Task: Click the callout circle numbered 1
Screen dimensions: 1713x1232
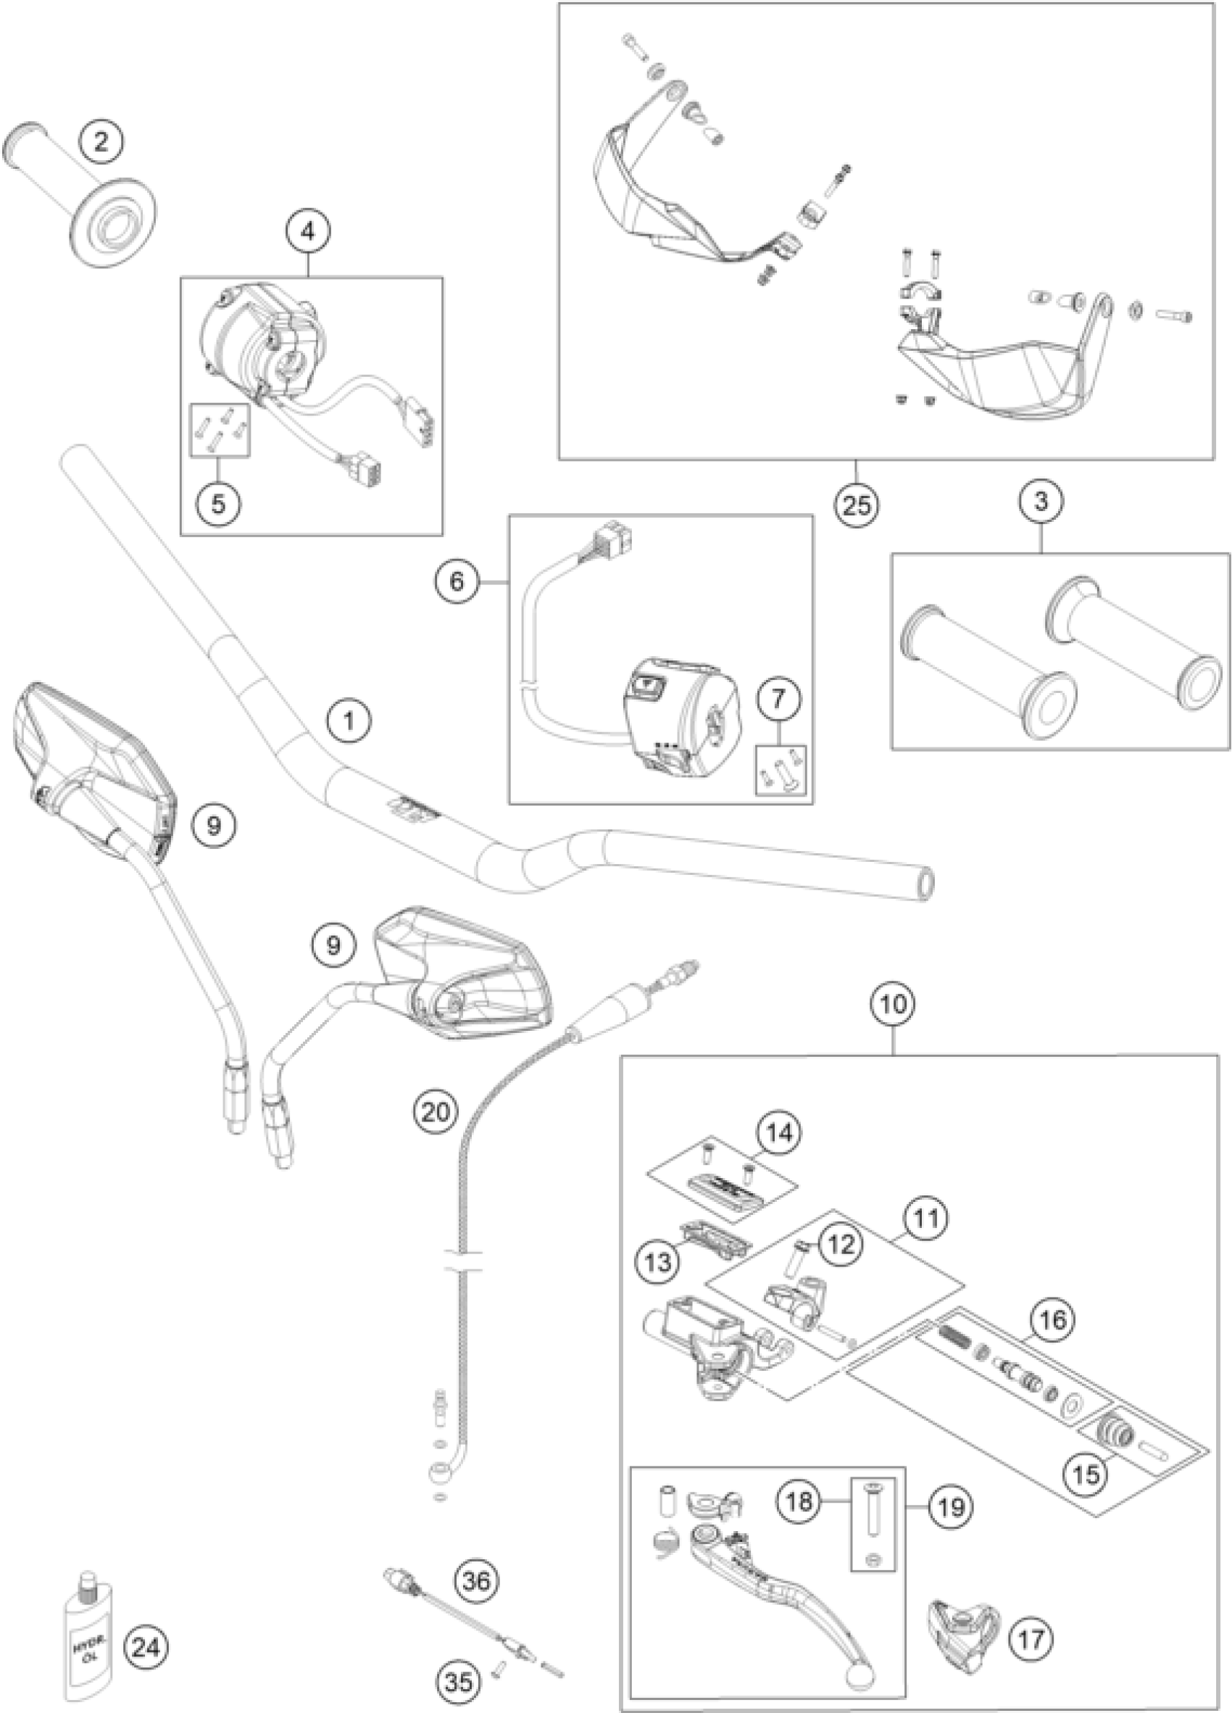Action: pyautogui.click(x=348, y=721)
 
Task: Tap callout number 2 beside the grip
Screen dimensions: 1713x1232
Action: pyautogui.click(x=102, y=141)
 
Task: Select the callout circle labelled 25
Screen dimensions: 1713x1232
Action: pyautogui.click(x=857, y=505)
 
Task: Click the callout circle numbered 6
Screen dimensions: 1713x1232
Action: pyautogui.click(x=457, y=582)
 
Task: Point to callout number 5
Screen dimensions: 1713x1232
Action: pyautogui.click(x=218, y=504)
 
